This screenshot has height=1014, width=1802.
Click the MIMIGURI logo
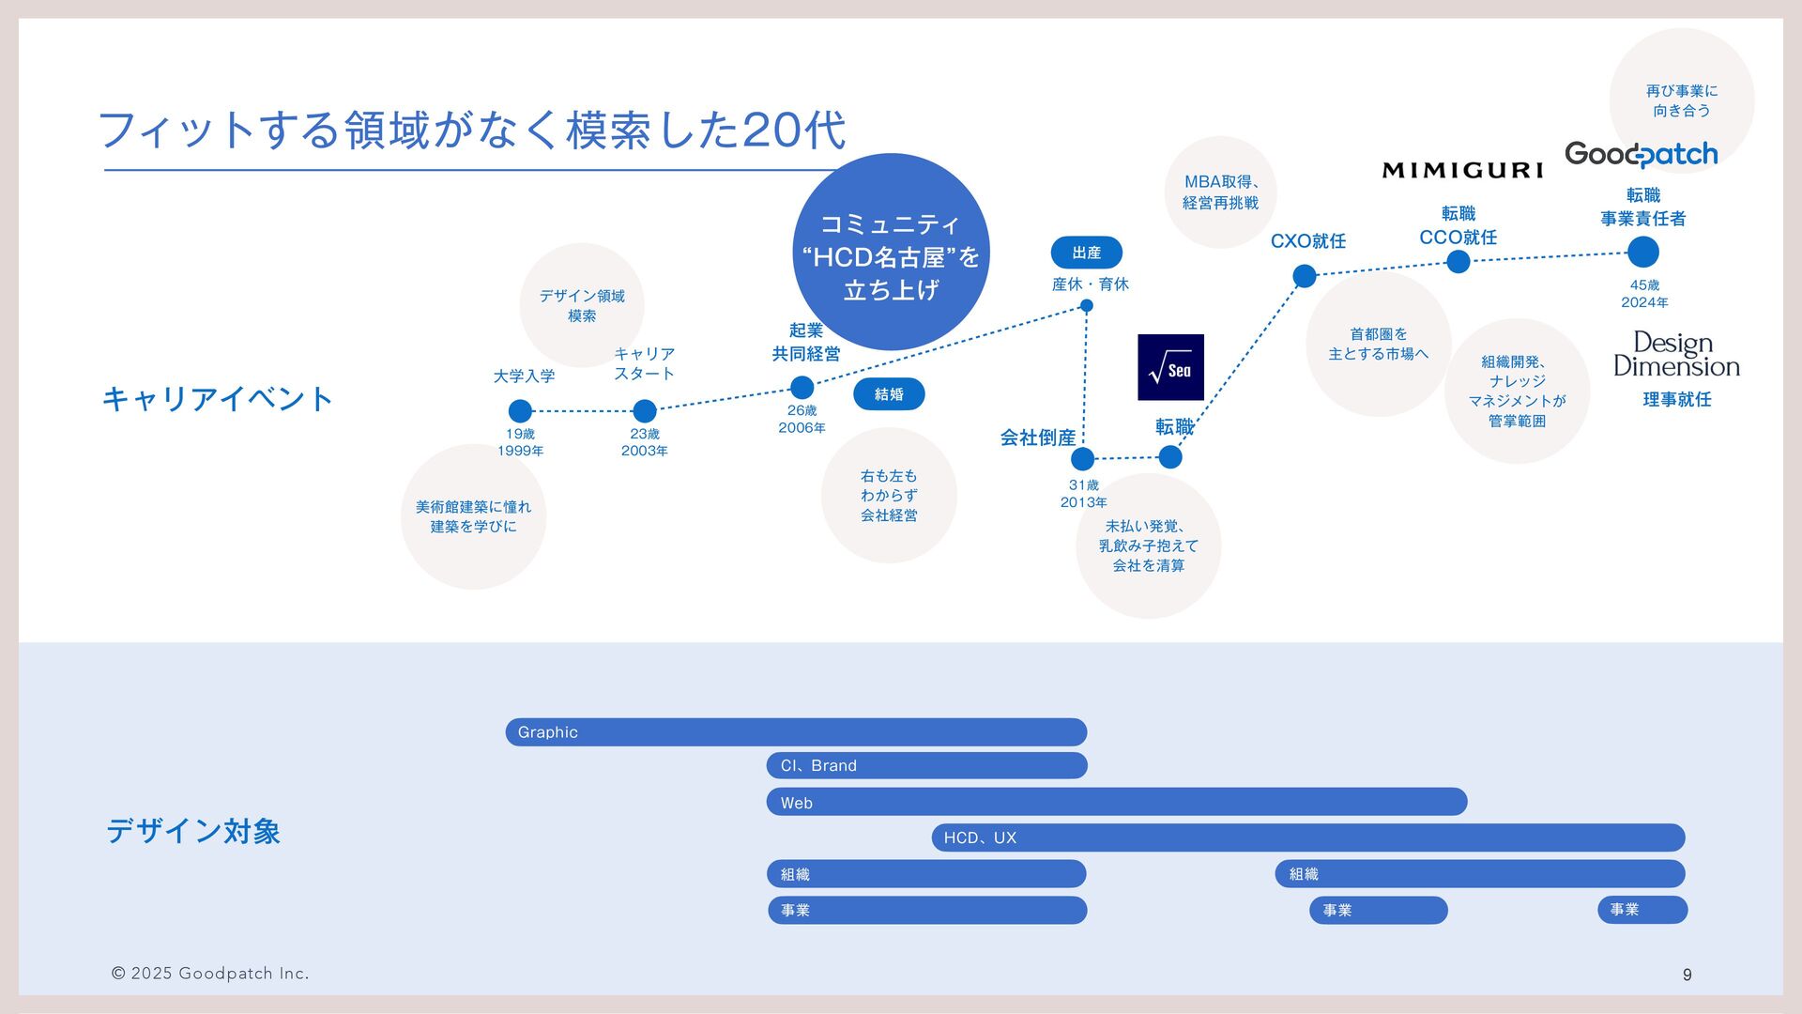[1462, 170]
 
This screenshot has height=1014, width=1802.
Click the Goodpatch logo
[1641, 154]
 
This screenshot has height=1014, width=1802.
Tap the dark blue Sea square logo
[1170, 367]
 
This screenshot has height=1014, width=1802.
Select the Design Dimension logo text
[1676, 355]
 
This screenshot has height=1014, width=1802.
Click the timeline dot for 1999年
[520, 411]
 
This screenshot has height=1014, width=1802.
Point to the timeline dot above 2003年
[645, 411]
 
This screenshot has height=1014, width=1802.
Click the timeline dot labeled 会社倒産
[1082, 459]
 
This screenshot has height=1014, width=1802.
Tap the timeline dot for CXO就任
[1305, 276]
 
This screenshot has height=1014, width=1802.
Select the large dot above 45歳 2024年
[1643, 253]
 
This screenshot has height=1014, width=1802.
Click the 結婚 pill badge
[889, 394]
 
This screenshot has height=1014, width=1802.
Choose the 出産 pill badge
[1086, 253]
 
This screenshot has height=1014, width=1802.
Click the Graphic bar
[796, 732]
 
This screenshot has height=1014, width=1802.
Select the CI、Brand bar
[926, 766]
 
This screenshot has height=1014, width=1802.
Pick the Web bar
[1116, 803]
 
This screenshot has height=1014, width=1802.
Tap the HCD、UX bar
[1307, 837]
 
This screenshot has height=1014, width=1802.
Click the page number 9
[1687, 976]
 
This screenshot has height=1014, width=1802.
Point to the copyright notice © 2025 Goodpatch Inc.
[210, 974]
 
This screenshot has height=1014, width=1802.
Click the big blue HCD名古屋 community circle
[891, 253]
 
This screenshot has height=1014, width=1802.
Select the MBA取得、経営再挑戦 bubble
[1220, 192]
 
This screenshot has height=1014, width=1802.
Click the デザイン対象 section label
[193, 831]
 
